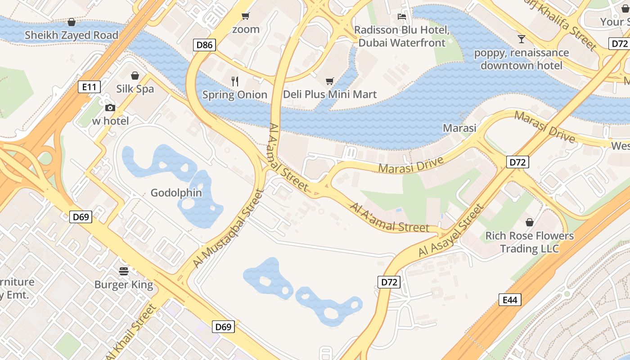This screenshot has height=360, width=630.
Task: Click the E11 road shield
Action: [x=89, y=87]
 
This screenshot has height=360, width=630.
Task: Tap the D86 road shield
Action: [x=205, y=45]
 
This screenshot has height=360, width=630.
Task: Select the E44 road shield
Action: [x=510, y=300]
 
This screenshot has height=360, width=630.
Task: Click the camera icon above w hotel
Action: [x=110, y=108]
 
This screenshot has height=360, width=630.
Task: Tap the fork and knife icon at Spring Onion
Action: [x=234, y=81]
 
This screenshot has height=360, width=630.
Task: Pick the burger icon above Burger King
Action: [x=124, y=271]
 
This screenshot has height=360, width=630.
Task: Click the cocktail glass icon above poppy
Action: [x=522, y=39]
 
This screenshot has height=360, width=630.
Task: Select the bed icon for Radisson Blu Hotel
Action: [x=402, y=17]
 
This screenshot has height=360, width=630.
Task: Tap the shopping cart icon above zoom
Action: [x=245, y=16]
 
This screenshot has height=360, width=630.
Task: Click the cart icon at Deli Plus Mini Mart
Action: [x=330, y=81]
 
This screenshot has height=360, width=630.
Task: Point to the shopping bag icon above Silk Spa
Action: [x=135, y=76]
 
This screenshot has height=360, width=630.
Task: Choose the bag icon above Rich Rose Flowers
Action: [x=530, y=222]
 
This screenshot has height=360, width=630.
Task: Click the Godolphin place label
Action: [x=176, y=193]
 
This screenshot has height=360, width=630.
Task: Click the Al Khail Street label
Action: [x=132, y=332]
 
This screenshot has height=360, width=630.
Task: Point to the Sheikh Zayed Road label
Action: [x=72, y=35]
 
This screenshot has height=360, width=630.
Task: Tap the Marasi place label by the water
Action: [x=459, y=128]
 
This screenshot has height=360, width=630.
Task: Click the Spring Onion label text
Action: [x=234, y=95]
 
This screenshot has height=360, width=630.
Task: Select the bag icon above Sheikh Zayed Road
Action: [x=72, y=22]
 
